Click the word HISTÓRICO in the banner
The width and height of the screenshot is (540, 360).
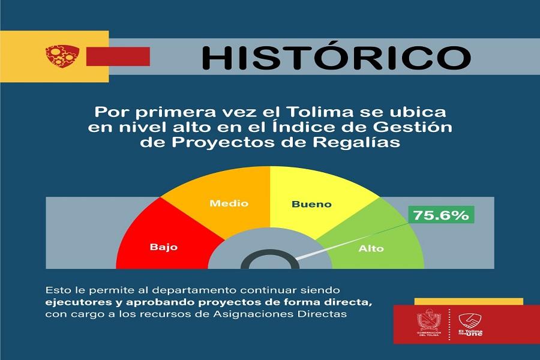click(336, 57)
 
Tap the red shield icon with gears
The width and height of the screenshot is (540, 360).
click(62, 56)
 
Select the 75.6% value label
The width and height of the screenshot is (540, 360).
click(441, 215)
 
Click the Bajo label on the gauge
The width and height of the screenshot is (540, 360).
click(164, 247)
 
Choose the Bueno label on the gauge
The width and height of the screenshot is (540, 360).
click(311, 204)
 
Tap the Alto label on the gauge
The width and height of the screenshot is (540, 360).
click(371, 248)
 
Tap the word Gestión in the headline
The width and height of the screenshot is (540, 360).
click(413, 127)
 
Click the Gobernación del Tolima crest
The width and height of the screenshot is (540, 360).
click(429, 322)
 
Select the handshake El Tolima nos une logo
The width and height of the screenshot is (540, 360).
click(470, 325)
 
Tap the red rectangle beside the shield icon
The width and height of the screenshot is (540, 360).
click(118, 56)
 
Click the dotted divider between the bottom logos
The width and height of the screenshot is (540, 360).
click(449, 324)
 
